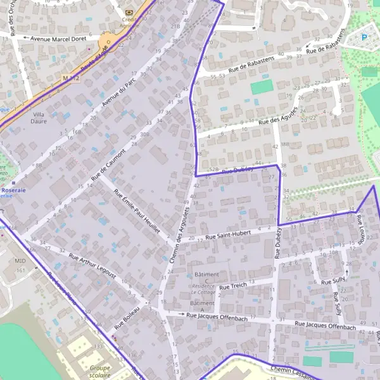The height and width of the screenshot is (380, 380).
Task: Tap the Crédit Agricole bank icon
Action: tap(130, 12)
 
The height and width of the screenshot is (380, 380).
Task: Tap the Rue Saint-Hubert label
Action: tap(229, 236)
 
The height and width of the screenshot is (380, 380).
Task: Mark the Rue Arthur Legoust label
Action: tap(92, 266)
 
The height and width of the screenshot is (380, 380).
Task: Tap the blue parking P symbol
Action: tap(365, 37)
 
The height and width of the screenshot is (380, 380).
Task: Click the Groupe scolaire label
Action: tap(100, 371)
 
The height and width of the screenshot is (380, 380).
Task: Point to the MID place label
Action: tap(21, 260)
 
